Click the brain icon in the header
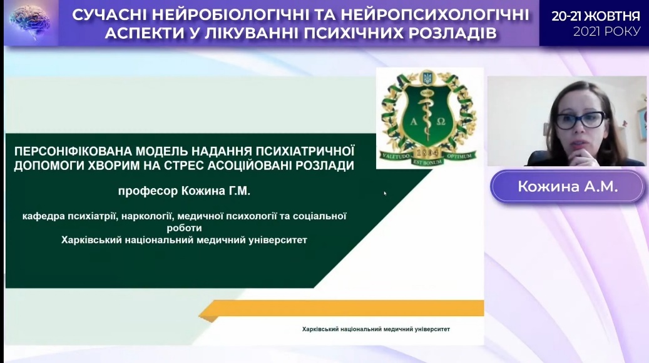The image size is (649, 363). tap(29, 22)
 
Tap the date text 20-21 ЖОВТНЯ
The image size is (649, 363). tap(596, 16)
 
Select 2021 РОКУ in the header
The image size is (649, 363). tap(607, 31)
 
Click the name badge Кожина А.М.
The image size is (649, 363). tap(568, 187)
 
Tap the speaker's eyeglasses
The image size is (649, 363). tap(580, 120)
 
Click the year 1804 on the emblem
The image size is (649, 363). tap(427, 152)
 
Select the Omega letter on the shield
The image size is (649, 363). tap(441, 121)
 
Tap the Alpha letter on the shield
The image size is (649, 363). tap(414, 121)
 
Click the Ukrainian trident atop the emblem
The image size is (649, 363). tap(427, 77)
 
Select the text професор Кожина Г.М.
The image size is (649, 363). tap(184, 191)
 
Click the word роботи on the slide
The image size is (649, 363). tap(184, 228)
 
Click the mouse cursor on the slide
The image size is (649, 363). tap(385, 193)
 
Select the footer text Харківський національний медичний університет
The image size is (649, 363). tap(376, 329)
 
